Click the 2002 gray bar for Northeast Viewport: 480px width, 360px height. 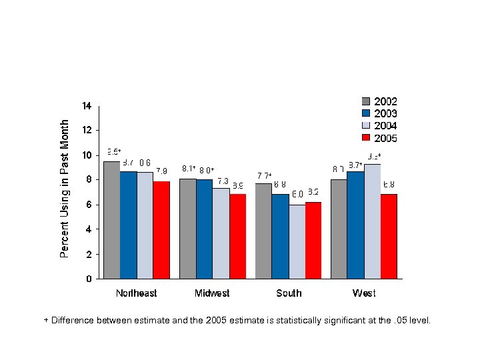point(111,220)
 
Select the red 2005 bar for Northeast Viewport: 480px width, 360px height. point(161,230)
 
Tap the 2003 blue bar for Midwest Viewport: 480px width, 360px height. point(204,229)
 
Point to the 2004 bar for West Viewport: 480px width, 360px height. point(372,221)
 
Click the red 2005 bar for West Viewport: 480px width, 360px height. point(389,236)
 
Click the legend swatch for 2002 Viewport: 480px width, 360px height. point(365,101)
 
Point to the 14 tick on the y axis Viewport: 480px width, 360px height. point(87,105)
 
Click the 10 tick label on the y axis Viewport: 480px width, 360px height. point(87,155)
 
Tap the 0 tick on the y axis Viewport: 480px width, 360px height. point(89,279)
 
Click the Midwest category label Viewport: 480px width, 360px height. point(212,293)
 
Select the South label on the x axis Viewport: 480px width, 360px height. point(289,293)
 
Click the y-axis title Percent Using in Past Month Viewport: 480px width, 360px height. point(65,189)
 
